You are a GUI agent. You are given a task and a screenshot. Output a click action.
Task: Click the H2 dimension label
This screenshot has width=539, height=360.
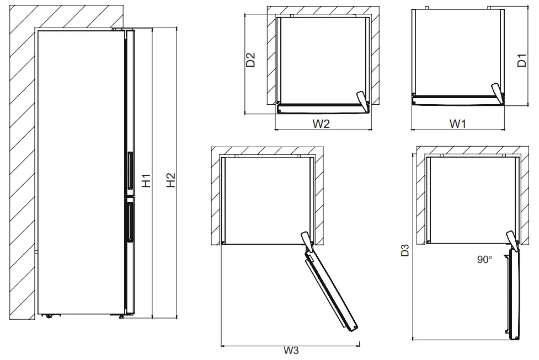pos(170,180)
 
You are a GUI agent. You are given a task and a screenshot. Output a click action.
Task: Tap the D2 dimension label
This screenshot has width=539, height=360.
pos(250,60)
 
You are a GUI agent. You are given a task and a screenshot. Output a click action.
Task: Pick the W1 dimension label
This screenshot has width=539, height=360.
pos(457,124)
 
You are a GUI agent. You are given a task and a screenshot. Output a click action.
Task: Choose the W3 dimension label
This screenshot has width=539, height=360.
pos(291,351)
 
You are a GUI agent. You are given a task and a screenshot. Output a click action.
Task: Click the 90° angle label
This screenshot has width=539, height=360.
pos(484,259)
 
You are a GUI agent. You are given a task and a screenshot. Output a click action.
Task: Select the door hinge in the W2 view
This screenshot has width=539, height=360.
pos(362,100)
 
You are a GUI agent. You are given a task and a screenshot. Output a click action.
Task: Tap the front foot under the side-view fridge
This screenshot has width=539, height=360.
pos(121,316)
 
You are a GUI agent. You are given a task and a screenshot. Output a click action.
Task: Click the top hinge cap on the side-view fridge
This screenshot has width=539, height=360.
pos(119,29)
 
